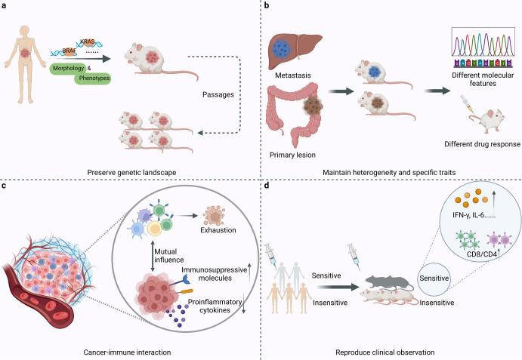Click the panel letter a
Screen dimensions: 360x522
pos(4,5)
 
